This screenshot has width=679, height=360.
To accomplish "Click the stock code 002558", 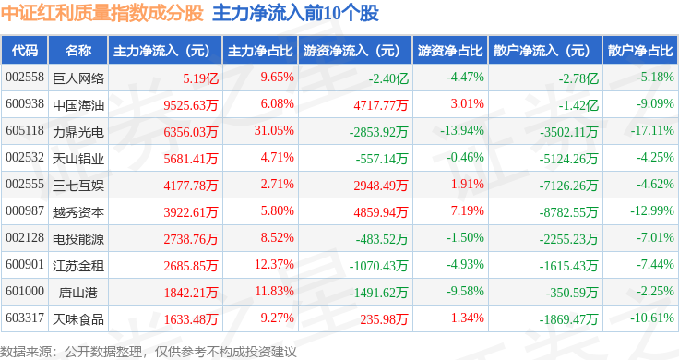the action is [25, 78].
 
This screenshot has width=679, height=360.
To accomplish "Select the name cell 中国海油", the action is [78, 105].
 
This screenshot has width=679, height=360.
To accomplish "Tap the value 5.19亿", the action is [200, 78].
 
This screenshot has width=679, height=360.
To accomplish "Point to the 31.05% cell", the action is [274, 130].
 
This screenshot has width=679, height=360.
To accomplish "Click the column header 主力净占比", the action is [260, 51].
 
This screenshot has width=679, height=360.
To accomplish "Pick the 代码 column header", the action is [25, 51].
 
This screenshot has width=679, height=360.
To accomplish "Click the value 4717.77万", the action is [381, 105].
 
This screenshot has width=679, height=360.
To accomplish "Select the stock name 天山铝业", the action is [78, 159].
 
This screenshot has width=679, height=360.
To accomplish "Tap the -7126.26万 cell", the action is [568, 186].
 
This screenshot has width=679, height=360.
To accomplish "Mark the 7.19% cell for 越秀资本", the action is [467, 210].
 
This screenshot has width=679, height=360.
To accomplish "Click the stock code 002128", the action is [25, 237].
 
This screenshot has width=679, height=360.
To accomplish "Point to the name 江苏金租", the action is [78, 266].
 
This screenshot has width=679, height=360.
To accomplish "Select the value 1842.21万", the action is [191, 293].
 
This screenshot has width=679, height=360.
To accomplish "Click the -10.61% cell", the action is [651, 318].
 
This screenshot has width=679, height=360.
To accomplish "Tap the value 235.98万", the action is [384, 319].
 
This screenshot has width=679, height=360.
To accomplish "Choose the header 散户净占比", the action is [640, 51].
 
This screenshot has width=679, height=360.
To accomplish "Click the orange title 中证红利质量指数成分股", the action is [102, 13].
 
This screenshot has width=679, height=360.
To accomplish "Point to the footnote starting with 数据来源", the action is [149, 352].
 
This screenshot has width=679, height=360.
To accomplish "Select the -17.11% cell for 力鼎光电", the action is [651, 130].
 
